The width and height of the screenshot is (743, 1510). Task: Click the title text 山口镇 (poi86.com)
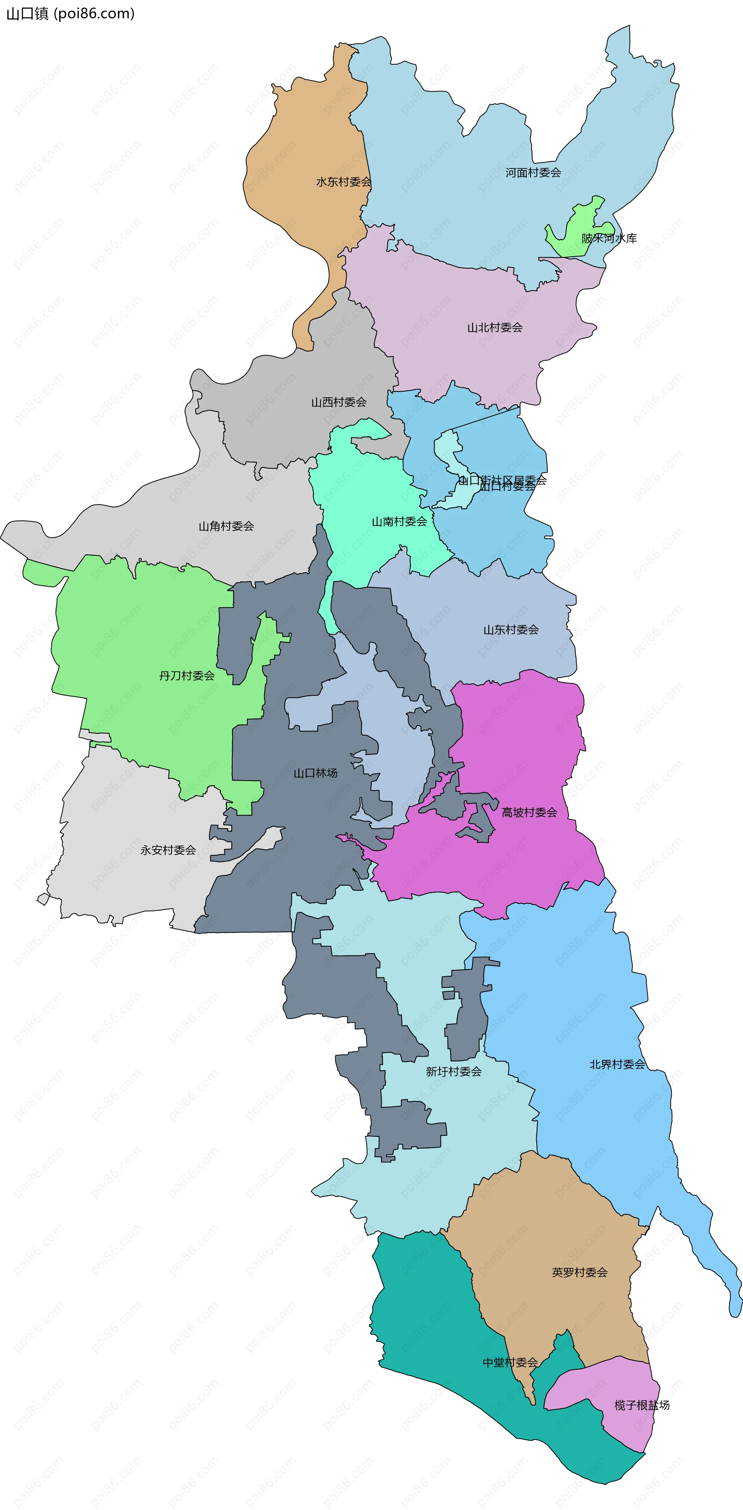(x=70, y=14)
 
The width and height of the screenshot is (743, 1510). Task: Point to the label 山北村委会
(x=495, y=328)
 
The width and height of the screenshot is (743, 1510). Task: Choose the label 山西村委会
(x=339, y=402)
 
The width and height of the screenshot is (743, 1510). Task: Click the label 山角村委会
(x=226, y=526)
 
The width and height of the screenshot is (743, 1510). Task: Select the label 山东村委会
(x=510, y=630)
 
